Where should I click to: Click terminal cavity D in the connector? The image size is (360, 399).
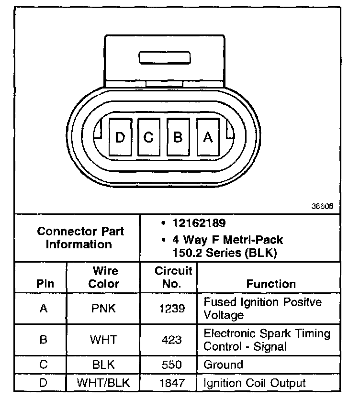point(120,137)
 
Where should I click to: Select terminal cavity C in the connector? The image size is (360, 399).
point(148,137)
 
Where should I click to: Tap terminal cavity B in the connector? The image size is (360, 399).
point(178,137)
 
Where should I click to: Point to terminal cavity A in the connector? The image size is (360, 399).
point(207,137)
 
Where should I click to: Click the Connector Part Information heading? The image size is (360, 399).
point(80,238)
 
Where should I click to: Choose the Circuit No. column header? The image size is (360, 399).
point(173,277)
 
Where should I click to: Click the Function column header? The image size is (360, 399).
point(271,284)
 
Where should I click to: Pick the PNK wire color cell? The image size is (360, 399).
point(103,309)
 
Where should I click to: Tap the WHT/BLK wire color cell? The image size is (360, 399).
point(103,383)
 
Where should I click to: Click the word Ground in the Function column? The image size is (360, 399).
point(223,365)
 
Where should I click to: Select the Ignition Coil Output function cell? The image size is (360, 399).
point(255,383)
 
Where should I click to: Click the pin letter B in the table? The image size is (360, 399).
point(43,340)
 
